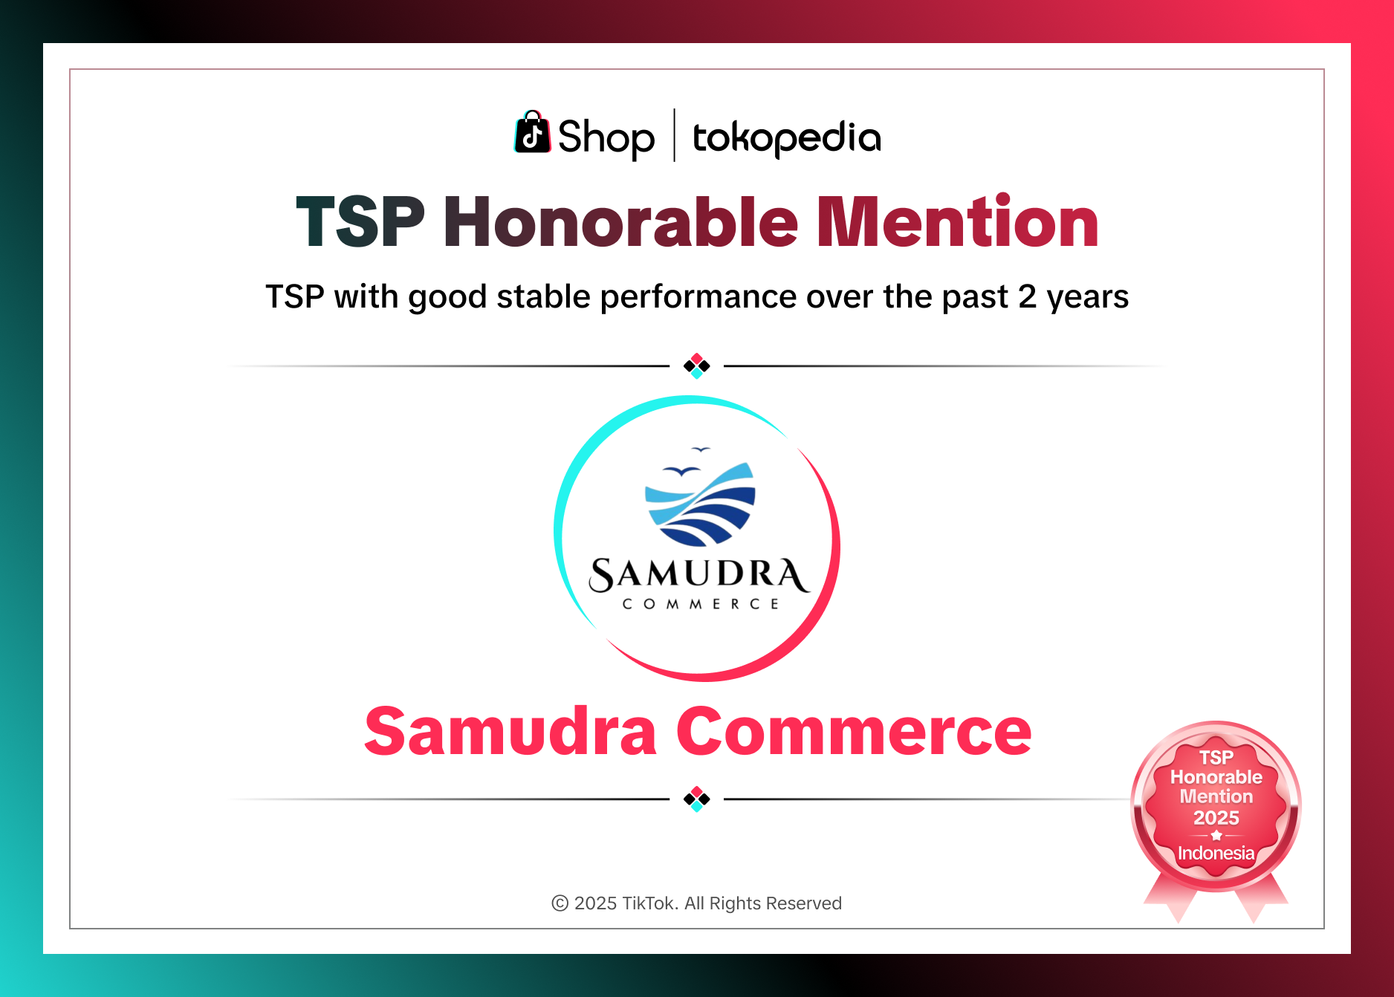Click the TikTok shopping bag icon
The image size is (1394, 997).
coord(532,134)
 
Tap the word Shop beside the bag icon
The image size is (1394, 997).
coord(606,138)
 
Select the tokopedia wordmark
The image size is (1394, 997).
coord(786,138)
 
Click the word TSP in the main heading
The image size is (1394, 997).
coord(360,222)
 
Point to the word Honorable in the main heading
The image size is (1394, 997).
coord(620,222)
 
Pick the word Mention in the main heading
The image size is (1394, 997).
coord(957,222)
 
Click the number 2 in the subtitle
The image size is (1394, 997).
coord(1027,297)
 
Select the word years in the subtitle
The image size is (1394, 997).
coord(1087,297)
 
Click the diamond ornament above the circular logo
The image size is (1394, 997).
coord(697,366)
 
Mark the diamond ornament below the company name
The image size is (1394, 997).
coord(697,799)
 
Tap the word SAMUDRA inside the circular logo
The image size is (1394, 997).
coord(698,575)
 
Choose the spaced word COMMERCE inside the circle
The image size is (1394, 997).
coord(700,604)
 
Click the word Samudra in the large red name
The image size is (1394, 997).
coord(510,733)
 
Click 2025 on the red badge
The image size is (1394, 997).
coord(1216,818)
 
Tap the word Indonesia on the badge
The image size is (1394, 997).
coord(1216,853)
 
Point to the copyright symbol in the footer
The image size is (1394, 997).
coord(560,903)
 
